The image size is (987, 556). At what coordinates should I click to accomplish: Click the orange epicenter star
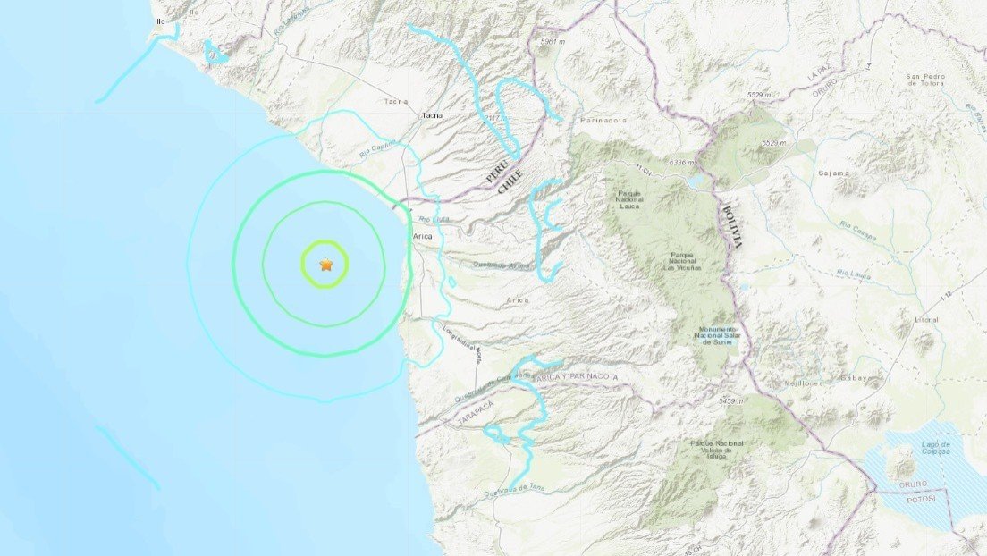[x=325, y=265]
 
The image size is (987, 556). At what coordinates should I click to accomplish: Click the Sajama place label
[x=832, y=173]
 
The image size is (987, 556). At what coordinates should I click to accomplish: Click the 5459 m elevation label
[x=730, y=401]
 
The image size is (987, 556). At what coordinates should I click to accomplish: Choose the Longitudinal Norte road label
[x=462, y=344]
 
